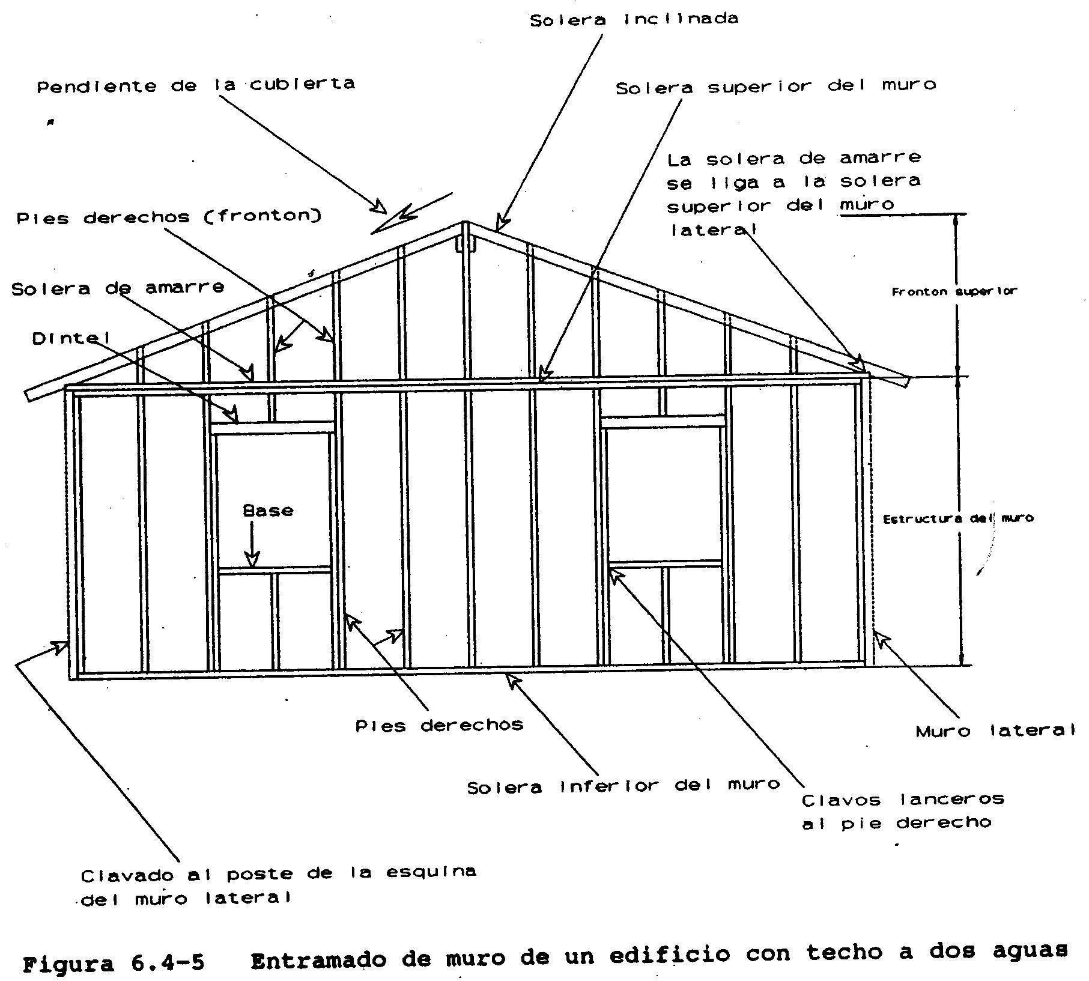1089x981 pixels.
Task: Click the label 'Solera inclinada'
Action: pos(634,19)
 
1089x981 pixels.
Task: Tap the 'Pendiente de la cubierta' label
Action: pos(196,85)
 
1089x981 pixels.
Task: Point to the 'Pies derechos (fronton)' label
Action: pos(169,217)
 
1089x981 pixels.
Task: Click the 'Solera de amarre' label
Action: pos(118,288)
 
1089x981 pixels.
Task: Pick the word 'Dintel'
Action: pos(71,339)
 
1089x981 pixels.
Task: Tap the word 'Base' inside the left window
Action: pos(268,511)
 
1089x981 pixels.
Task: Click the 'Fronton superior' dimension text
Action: pos(954,292)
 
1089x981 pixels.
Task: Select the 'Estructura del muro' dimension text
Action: pos(957,518)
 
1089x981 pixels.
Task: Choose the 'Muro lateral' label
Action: pos(995,731)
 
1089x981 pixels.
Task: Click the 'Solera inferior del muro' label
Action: pos(623,786)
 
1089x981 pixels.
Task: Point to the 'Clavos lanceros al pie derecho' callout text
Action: pos(902,811)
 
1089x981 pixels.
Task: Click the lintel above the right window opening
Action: pos(663,422)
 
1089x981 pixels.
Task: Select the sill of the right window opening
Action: pos(665,564)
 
